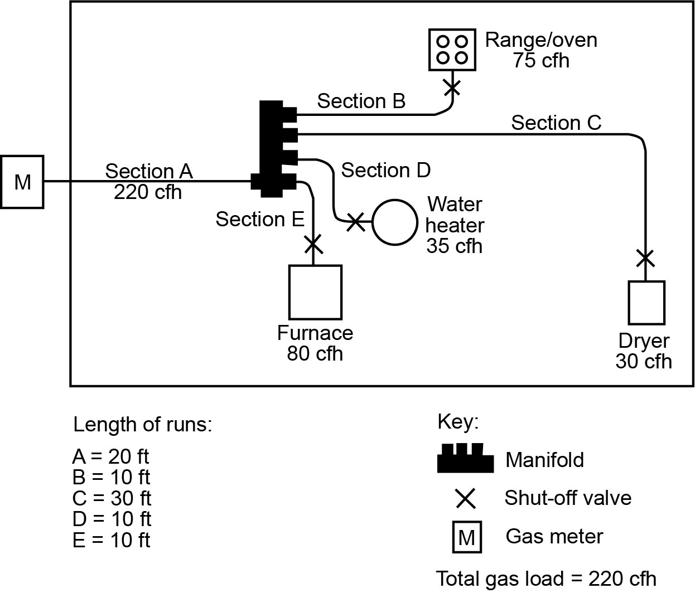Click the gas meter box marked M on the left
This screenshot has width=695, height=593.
(22, 182)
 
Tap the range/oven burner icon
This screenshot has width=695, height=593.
(452, 50)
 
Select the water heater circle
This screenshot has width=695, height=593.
(394, 222)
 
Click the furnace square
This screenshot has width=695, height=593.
(315, 292)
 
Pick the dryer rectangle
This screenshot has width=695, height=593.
(646, 303)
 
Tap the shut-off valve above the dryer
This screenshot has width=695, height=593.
(645, 258)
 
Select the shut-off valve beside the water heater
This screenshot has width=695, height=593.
(355, 222)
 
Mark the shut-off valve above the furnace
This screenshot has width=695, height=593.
(313, 243)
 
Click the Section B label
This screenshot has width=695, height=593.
(361, 101)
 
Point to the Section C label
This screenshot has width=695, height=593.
(556, 123)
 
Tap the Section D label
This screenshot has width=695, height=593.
(385, 170)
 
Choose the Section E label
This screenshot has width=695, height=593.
(260, 220)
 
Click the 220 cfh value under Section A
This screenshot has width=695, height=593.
(148, 192)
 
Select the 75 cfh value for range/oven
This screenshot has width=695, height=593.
(541, 60)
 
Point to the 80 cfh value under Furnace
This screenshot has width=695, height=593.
(315, 354)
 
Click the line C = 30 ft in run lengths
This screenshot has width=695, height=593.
(112, 498)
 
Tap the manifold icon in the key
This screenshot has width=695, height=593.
(465, 459)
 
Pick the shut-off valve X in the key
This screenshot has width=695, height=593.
(465, 498)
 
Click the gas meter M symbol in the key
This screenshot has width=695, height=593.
(466, 537)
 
